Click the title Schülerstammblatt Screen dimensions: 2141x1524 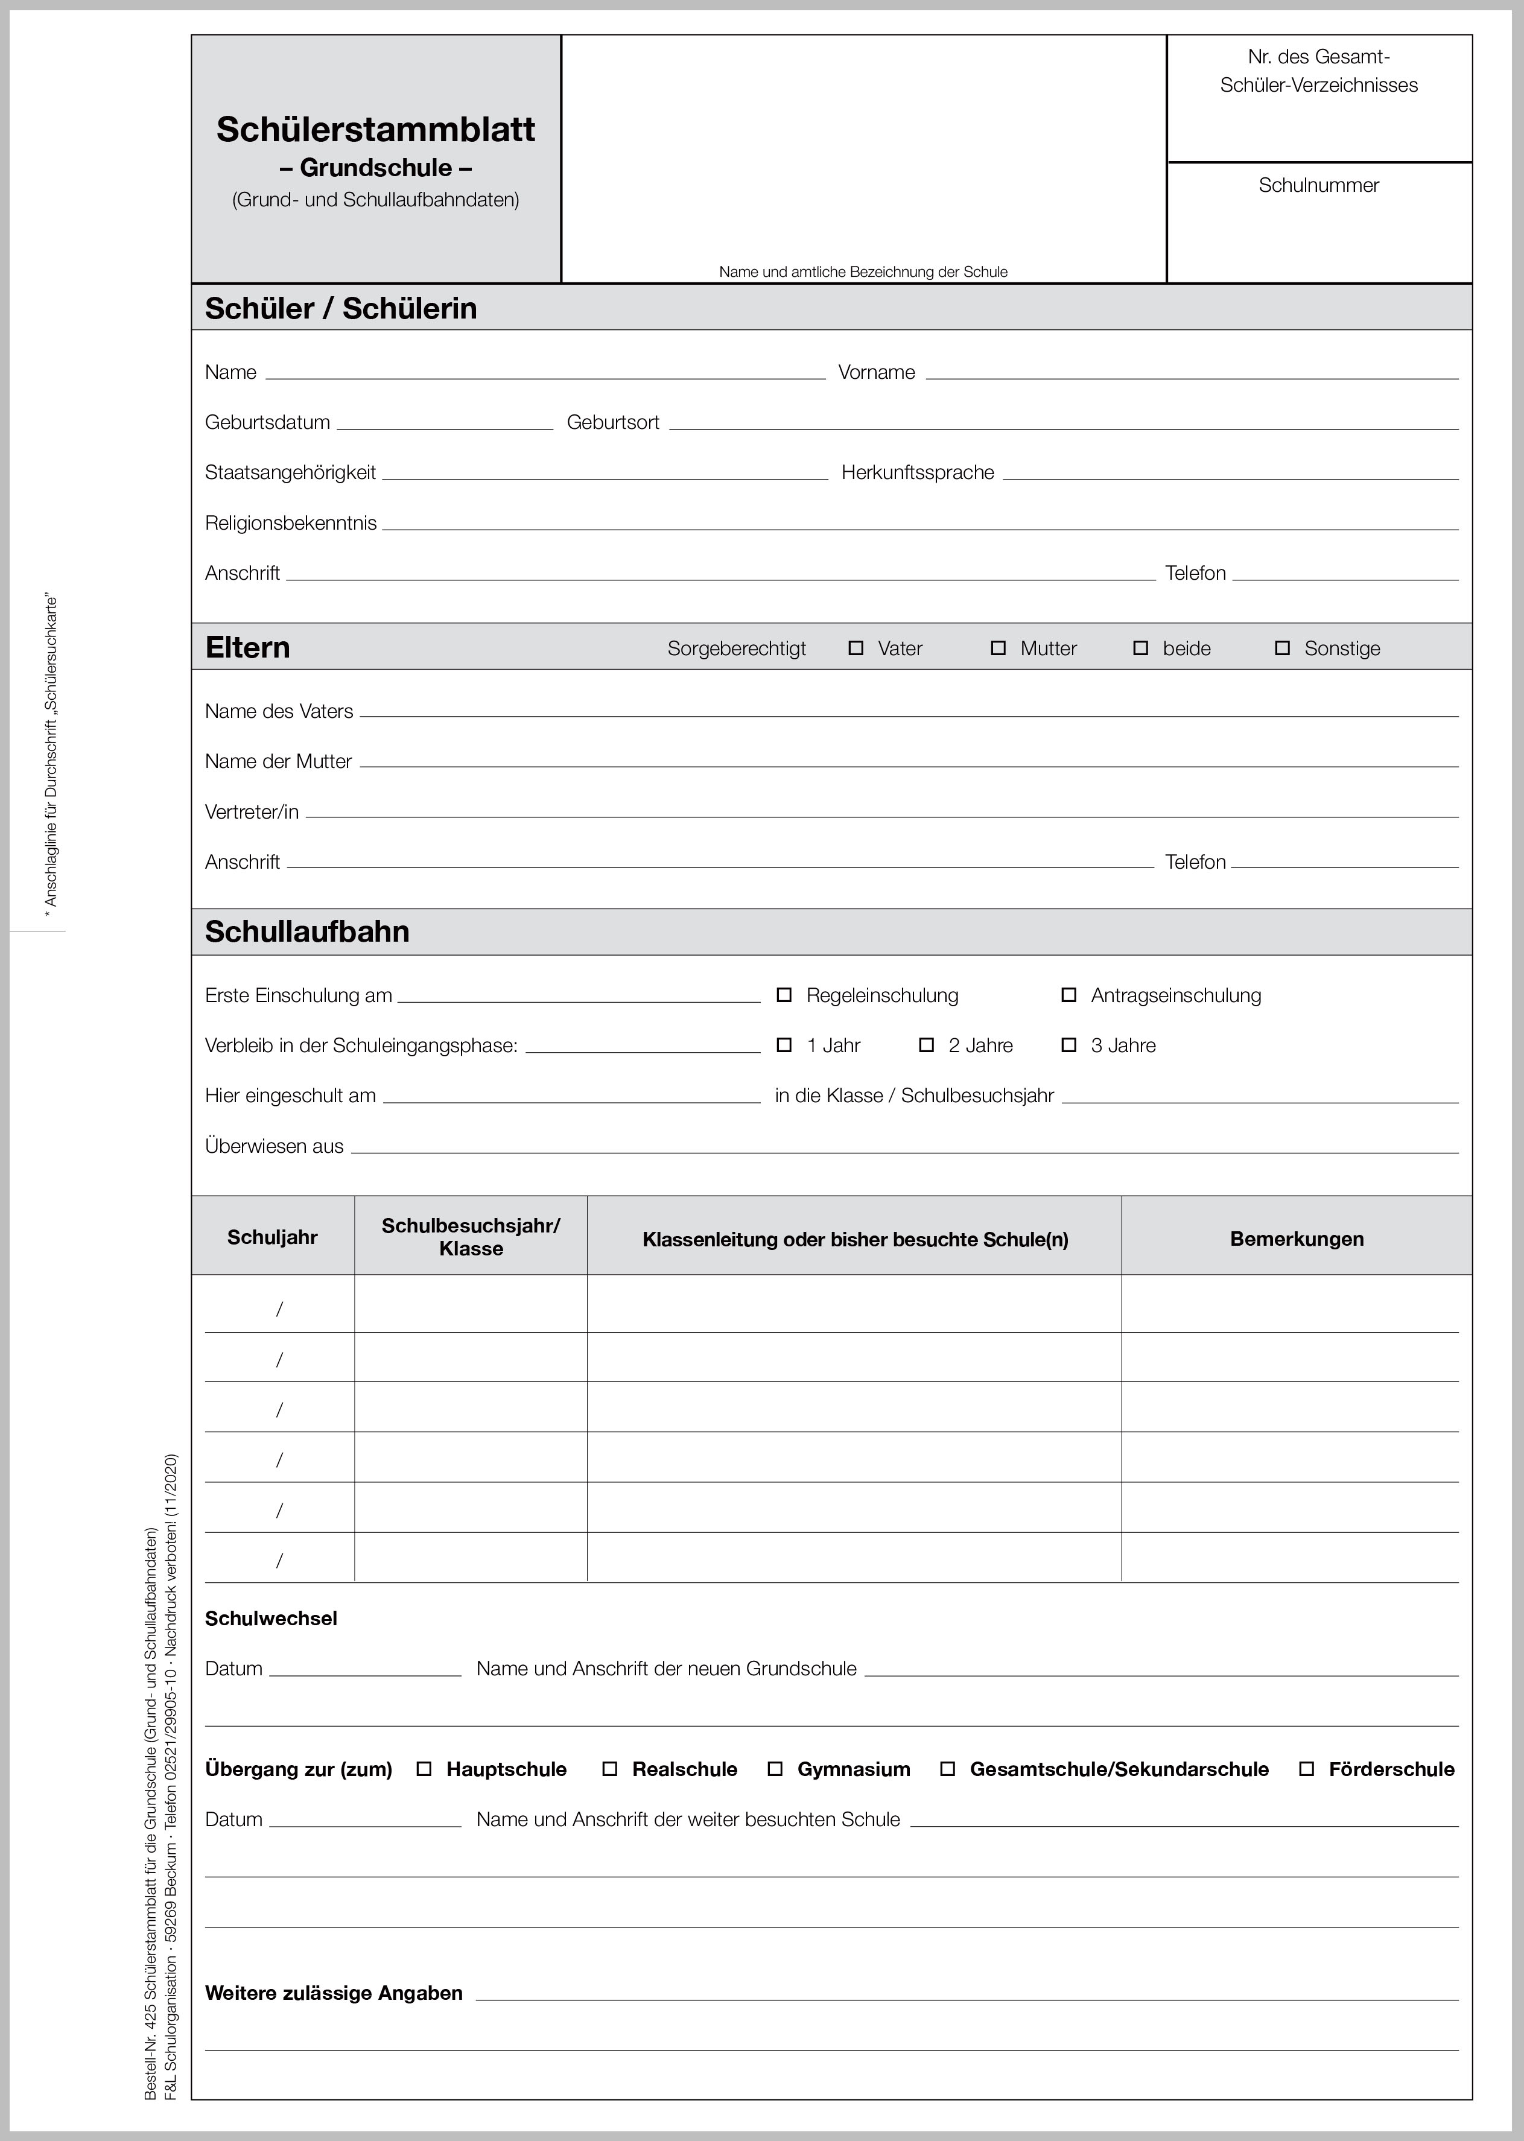pyautogui.click(x=375, y=130)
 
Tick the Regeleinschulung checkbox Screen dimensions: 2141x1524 pyautogui.click(x=784, y=995)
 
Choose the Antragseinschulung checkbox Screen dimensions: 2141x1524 pyautogui.click(x=1069, y=995)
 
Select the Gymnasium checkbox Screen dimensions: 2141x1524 pyautogui.click(x=775, y=1769)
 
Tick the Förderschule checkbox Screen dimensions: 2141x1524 pyautogui.click(x=1306, y=1769)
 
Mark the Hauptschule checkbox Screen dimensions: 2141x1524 pyautogui.click(x=424, y=1769)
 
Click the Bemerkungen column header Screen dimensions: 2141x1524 pyautogui.click(x=1296, y=1239)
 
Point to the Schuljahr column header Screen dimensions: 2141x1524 pyautogui.click(x=272, y=1237)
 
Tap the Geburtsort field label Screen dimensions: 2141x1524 pyautogui.click(x=613, y=423)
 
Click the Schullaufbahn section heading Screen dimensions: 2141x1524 pyautogui.click(x=307, y=931)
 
